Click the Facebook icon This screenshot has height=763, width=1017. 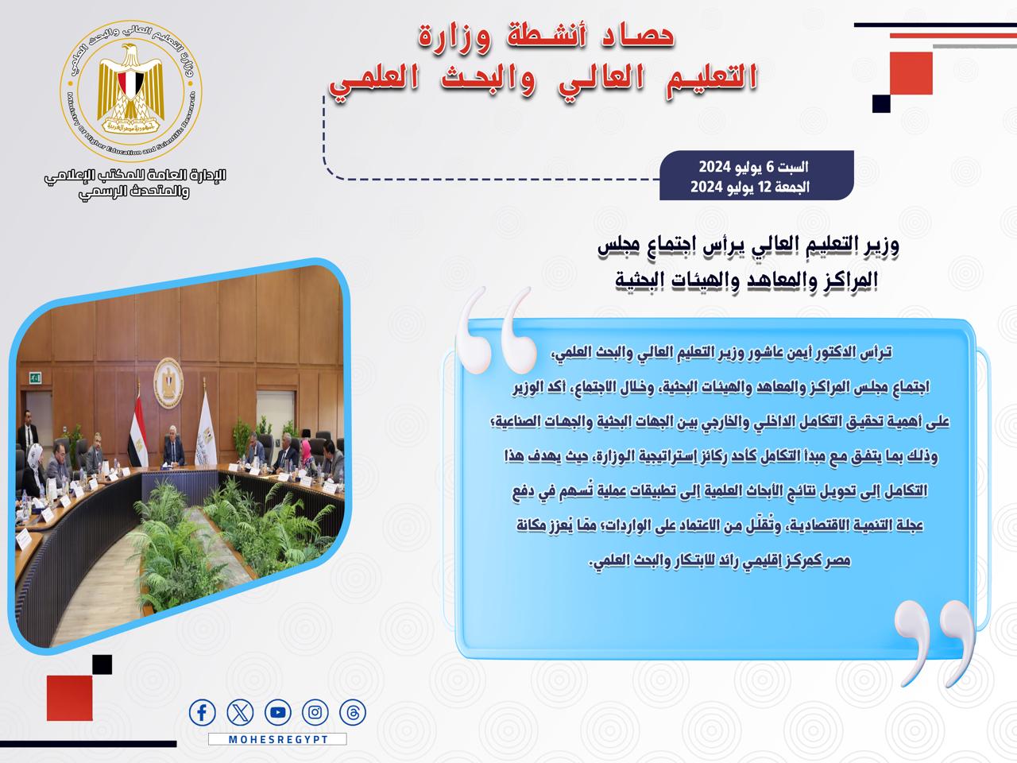point(202,712)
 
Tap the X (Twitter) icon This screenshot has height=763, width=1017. point(240,712)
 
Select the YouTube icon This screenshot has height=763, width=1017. point(278,712)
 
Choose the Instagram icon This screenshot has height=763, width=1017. point(315,712)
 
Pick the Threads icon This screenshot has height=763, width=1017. point(353,712)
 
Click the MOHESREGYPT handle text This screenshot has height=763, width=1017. point(278,739)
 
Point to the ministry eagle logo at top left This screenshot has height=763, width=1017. point(130,91)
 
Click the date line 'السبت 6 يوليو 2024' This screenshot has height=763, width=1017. point(754,167)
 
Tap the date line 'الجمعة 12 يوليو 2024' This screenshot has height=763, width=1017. point(750,187)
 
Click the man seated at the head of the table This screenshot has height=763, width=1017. point(173,446)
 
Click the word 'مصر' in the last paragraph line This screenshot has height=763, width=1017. point(837,560)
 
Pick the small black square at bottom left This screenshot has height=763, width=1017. point(102,664)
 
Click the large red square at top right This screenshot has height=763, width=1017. point(911,73)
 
